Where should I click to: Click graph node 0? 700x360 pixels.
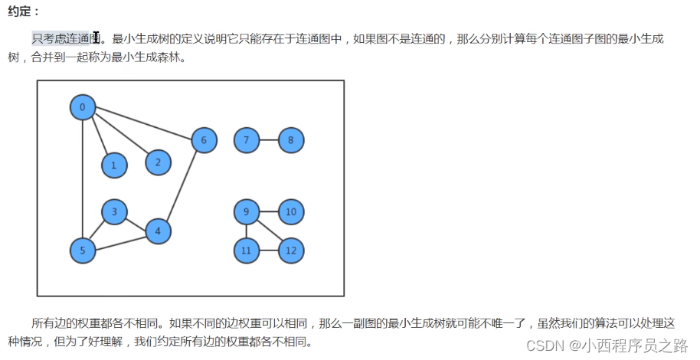pos(82,107)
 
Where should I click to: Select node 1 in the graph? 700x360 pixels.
pos(114,165)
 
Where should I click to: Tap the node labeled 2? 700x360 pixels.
pos(158,162)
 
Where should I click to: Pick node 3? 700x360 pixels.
pos(114,212)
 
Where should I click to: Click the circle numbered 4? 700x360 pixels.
pos(158,231)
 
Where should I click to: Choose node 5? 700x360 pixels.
pos(82,250)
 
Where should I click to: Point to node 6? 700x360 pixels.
pos(204,140)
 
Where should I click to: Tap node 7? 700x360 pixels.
pos(246,140)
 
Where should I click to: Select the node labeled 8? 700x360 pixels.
pos(291,140)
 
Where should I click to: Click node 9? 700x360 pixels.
pos(246,211)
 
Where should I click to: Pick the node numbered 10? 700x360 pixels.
pos(291,211)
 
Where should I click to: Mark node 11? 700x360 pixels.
pos(246,250)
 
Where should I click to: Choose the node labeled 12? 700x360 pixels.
pos(291,250)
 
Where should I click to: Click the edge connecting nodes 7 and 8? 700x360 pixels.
pos(268,140)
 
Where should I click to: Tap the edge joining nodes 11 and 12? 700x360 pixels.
pos(268,250)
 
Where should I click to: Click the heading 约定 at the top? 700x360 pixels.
pos(24,11)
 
